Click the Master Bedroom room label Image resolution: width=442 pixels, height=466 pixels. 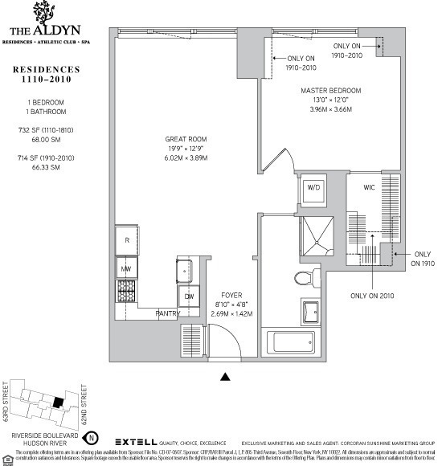pos(331,90)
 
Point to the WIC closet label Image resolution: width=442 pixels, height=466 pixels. pos(370,187)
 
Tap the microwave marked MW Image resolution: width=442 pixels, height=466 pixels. pos(126,268)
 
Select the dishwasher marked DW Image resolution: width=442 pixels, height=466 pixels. pos(190,295)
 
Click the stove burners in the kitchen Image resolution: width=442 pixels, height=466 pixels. pos(126,290)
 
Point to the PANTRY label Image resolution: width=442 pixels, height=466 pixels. pos(168,313)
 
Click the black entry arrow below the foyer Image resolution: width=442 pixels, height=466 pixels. pos(225,375)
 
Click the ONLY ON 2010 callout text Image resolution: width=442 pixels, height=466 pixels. pos(372,295)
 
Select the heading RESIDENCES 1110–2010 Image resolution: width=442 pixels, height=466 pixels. pos(46,76)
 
